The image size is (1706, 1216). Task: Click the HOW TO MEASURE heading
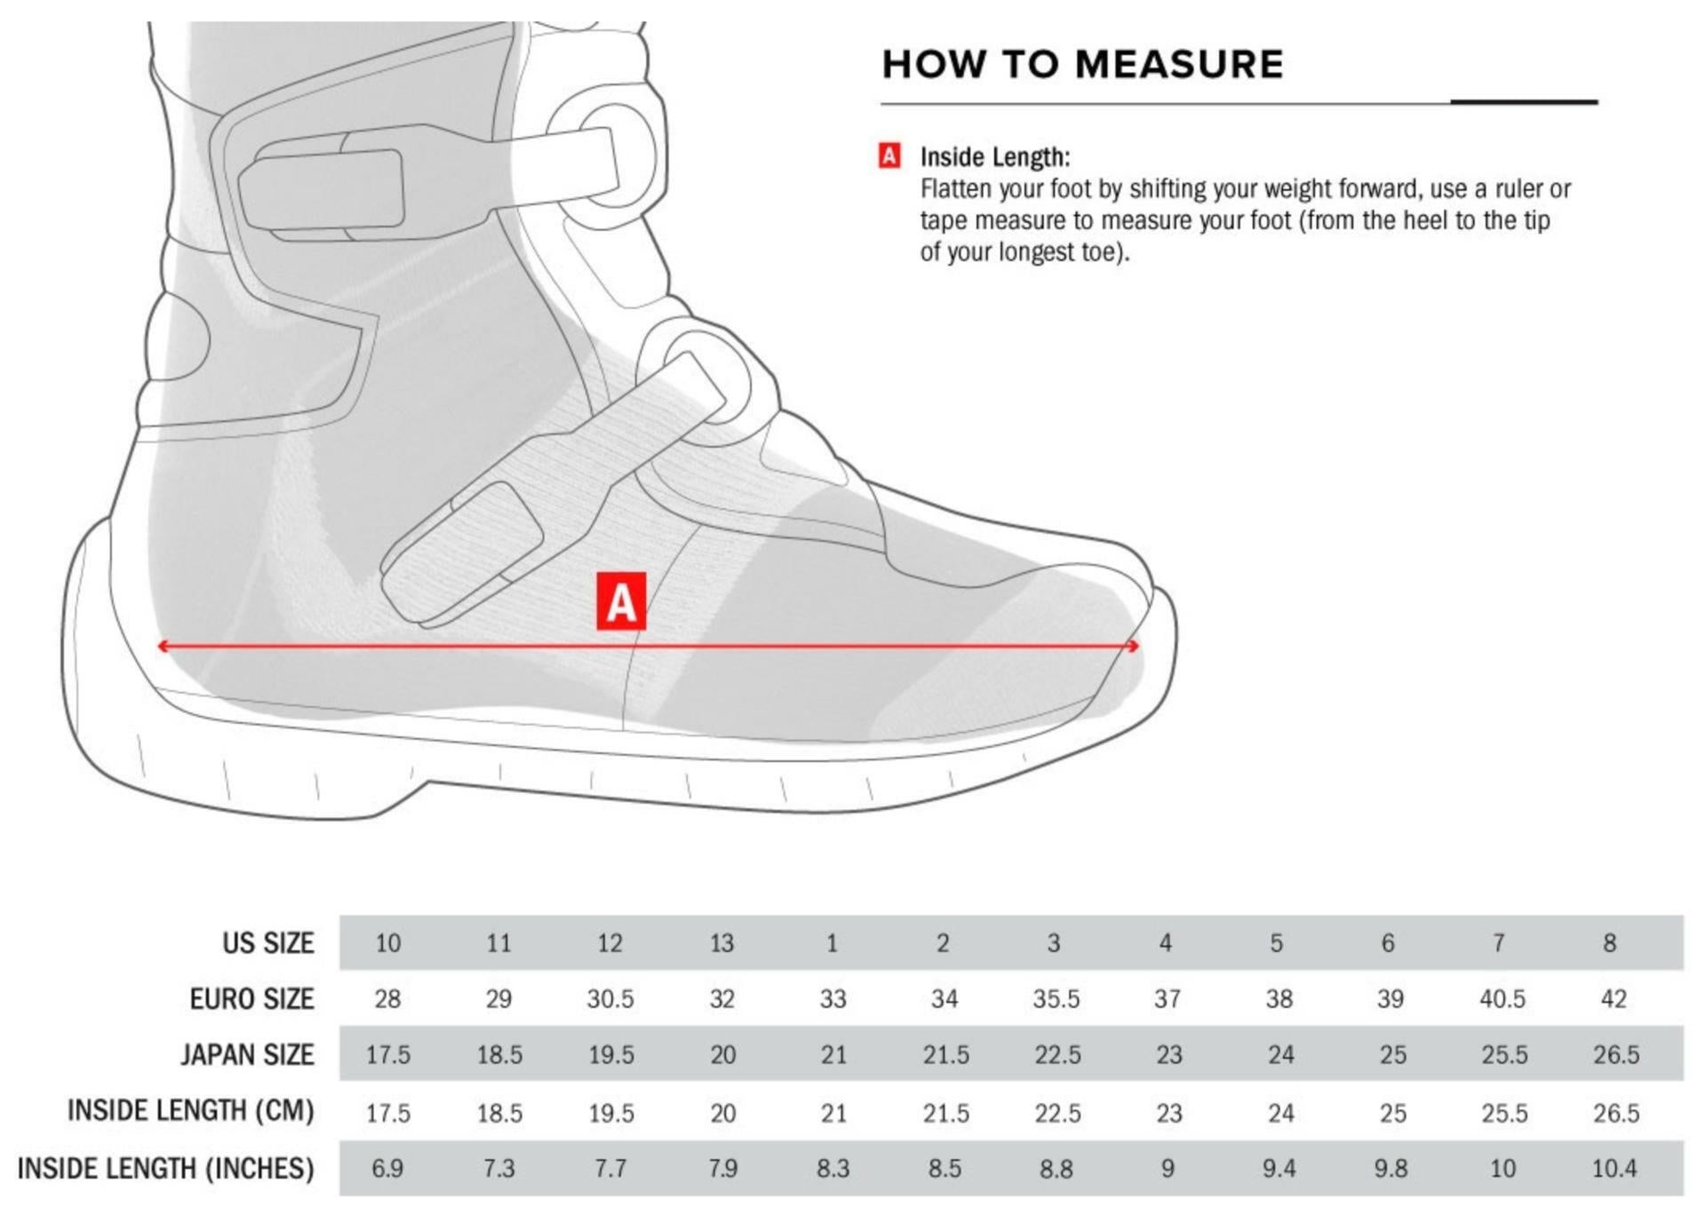point(1082,64)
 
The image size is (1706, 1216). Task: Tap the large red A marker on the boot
point(621,601)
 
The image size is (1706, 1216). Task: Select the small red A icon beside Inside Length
point(889,156)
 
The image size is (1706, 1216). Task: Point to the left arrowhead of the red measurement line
point(163,646)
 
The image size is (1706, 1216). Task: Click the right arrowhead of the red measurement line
point(1134,646)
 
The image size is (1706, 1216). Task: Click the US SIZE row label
point(268,942)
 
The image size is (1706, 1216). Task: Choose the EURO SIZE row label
point(252,998)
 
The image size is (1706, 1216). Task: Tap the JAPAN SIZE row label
point(248,1054)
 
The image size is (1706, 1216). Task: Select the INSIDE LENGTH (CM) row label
point(191,1110)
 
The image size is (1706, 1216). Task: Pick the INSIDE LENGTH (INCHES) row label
point(166,1168)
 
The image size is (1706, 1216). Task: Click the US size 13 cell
point(721,942)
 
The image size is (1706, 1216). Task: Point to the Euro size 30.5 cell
point(610,998)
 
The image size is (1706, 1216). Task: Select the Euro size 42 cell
point(1614,998)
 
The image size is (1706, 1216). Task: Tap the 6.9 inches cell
point(387,1168)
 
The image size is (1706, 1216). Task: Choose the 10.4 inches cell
point(1614,1168)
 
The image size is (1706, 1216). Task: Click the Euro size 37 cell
point(1168,998)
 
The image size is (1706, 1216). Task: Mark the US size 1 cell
point(832,942)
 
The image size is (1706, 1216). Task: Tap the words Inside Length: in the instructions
point(995,157)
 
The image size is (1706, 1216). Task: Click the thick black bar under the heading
point(1525,102)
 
